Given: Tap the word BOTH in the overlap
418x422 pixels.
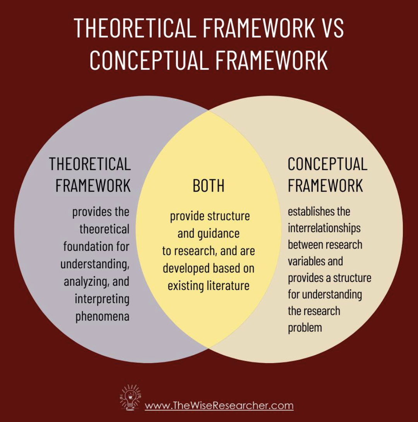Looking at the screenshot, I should (x=209, y=186).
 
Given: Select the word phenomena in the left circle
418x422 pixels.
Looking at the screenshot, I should (x=102, y=316).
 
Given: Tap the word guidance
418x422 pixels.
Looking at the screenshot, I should (x=219, y=233).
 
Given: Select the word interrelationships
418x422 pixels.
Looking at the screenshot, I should (x=324, y=228).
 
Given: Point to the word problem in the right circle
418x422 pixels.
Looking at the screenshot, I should (x=305, y=328).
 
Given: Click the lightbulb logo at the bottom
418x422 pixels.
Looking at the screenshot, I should (x=130, y=397).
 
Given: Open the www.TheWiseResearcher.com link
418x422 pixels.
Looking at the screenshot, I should (x=219, y=406).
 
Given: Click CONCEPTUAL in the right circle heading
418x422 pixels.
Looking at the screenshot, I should (x=327, y=164).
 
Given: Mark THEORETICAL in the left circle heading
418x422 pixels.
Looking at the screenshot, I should (x=90, y=164).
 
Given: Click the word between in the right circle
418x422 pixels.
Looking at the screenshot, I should (x=305, y=245).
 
